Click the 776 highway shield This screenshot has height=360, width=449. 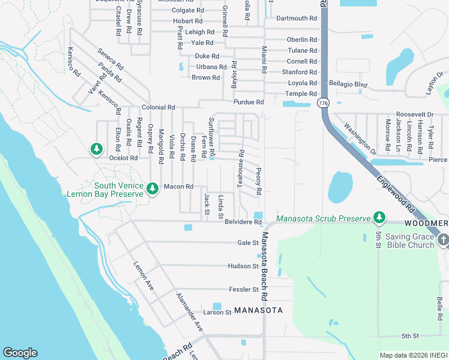[324, 103]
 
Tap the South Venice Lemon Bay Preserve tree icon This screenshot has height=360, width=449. [152, 189]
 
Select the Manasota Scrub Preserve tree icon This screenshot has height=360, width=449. [379, 217]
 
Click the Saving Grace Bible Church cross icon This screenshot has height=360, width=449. [444, 241]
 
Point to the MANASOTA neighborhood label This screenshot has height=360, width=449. [258, 310]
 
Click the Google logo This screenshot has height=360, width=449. [20, 353]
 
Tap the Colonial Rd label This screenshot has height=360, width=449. [158, 107]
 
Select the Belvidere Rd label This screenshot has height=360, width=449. [243, 222]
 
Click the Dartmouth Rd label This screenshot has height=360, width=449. [296, 19]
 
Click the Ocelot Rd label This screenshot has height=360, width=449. [124, 158]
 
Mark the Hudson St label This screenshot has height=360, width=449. [243, 266]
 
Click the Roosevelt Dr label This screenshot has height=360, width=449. [414, 115]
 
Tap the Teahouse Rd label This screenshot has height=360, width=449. [240, 169]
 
